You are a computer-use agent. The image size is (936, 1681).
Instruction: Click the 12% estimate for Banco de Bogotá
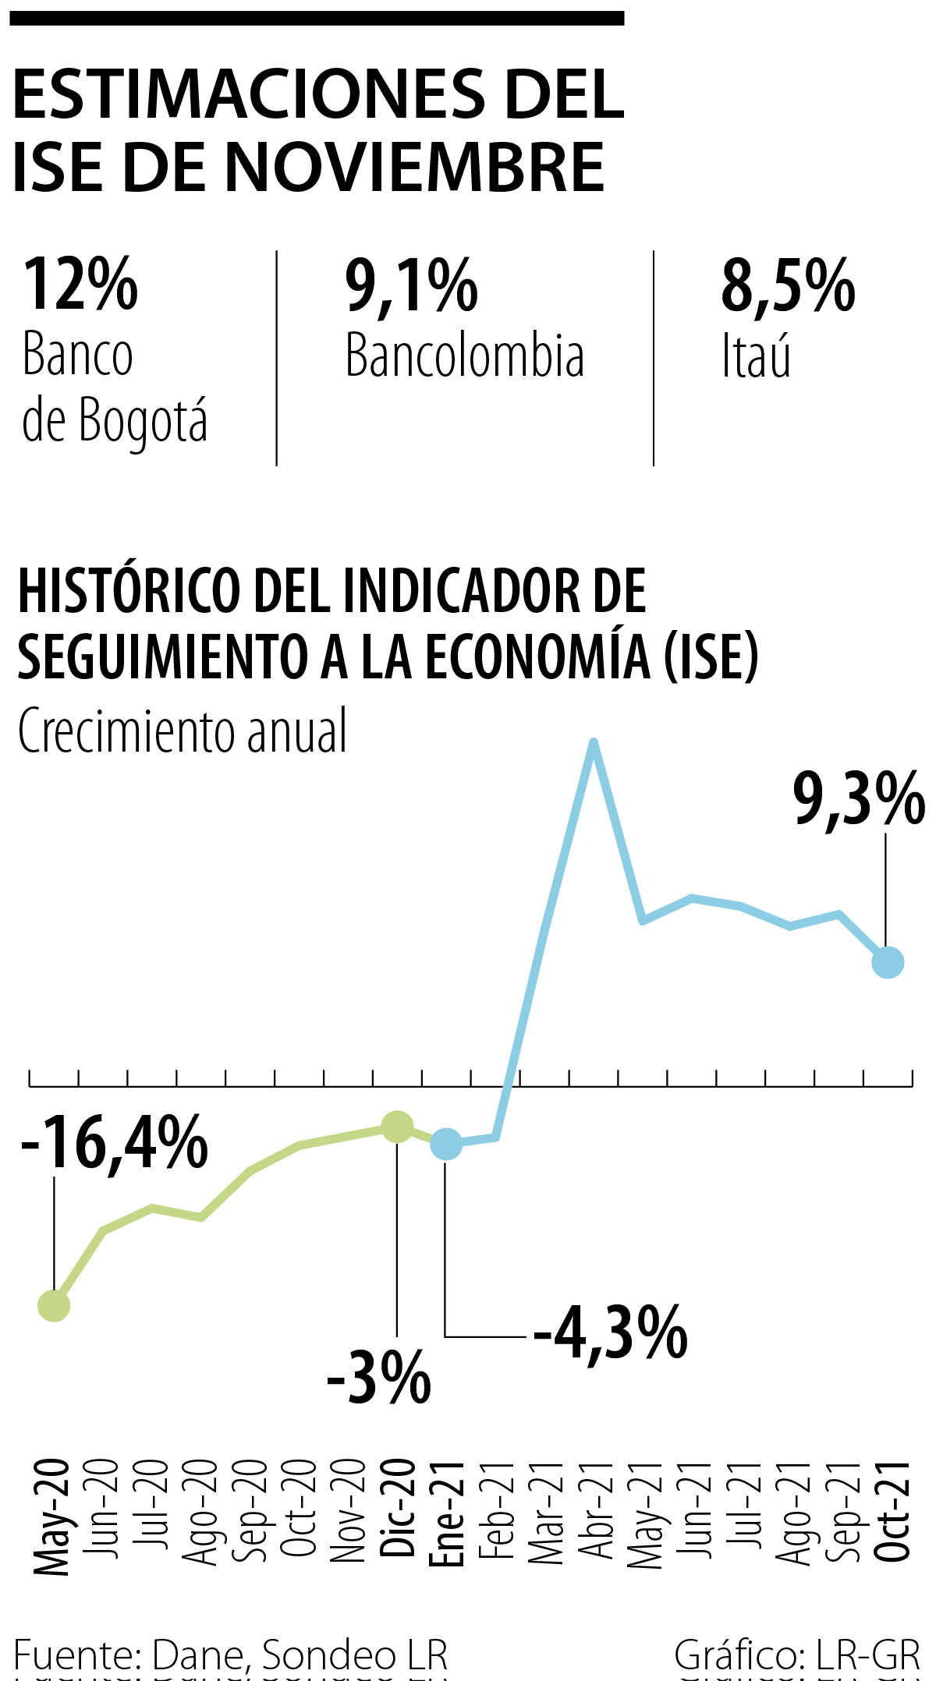(x=80, y=285)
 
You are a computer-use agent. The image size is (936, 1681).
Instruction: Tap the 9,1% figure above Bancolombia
(x=411, y=287)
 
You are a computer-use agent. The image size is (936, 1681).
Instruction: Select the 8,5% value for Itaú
(x=788, y=287)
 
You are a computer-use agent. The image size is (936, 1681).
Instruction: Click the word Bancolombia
(x=464, y=356)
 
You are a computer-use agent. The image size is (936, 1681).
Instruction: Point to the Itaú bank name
(x=756, y=356)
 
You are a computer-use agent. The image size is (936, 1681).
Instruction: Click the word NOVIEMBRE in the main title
(x=415, y=168)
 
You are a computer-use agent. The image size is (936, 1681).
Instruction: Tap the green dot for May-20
(x=54, y=1305)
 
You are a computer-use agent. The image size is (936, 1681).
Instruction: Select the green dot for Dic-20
(x=397, y=1127)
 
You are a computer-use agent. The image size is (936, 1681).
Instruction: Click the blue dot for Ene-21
(x=446, y=1144)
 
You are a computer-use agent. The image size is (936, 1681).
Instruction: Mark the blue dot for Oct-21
(x=888, y=962)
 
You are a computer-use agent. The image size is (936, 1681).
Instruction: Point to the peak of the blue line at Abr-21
(x=594, y=741)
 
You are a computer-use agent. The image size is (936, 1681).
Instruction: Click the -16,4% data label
(x=115, y=1143)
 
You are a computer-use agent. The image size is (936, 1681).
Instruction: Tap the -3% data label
(x=379, y=1378)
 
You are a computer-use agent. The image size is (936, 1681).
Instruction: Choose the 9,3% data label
(x=859, y=799)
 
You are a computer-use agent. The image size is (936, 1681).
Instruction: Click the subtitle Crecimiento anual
(x=183, y=731)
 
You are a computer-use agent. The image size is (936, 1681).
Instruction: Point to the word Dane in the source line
(x=198, y=1654)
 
